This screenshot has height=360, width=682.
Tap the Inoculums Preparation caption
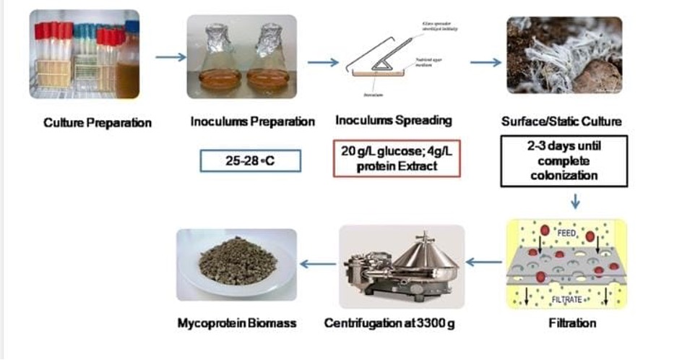pyautogui.click(x=252, y=121)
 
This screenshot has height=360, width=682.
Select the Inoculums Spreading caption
pyautogui.click(x=393, y=121)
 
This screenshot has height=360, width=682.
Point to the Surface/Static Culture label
pyautogui.click(x=561, y=121)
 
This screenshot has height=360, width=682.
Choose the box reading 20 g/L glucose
pyautogui.click(x=397, y=158)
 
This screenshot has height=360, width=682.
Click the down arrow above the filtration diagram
pyautogui.click(x=575, y=200)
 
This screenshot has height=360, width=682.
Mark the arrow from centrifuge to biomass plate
pyautogui.click(x=317, y=264)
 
